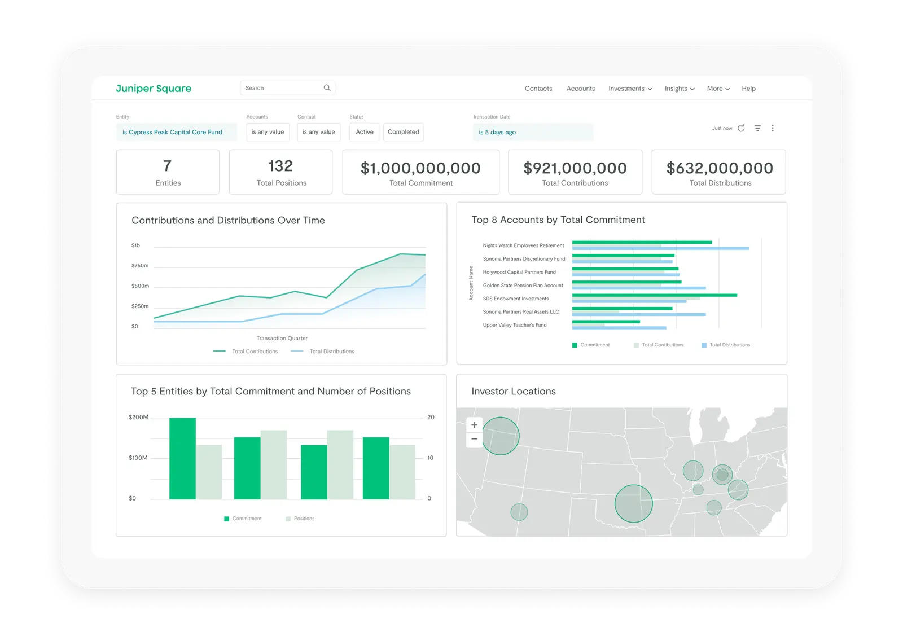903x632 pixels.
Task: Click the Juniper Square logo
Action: (x=154, y=89)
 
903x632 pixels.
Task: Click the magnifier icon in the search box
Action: (x=327, y=88)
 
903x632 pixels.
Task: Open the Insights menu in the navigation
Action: (x=679, y=89)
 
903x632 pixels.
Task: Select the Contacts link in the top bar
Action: (x=538, y=89)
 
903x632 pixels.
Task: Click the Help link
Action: (x=748, y=89)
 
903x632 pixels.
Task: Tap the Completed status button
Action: (x=403, y=132)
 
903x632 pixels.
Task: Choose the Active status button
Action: (x=364, y=132)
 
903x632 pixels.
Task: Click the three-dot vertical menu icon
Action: (x=773, y=128)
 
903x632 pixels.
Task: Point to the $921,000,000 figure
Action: (x=575, y=168)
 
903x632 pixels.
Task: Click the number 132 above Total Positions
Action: (x=280, y=166)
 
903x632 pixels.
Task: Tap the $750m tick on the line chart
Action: (x=140, y=266)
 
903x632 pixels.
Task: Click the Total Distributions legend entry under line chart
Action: (x=331, y=352)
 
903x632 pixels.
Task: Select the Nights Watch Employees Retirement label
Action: (x=523, y=245)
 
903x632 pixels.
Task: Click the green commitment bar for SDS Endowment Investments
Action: (x=655, y=295)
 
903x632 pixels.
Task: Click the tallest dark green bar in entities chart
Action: (x=182, y=458)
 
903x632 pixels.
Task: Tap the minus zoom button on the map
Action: (x=475, y=439)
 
